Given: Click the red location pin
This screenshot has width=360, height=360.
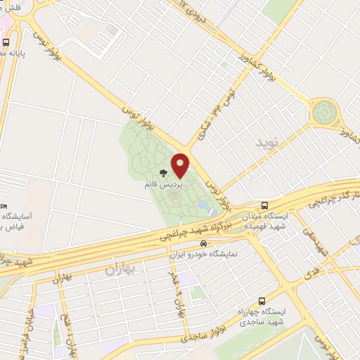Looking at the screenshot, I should coord(181,165).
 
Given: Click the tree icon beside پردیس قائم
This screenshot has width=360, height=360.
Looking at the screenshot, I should coord(163,172).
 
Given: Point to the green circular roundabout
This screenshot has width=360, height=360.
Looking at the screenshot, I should coord(326,112).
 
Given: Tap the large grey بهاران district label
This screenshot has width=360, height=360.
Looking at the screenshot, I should coord(118,269).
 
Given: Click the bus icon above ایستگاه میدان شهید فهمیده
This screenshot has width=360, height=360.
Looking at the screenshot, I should coord(264,205).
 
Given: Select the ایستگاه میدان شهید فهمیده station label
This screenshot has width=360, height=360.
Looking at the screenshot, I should coord(264,221).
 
